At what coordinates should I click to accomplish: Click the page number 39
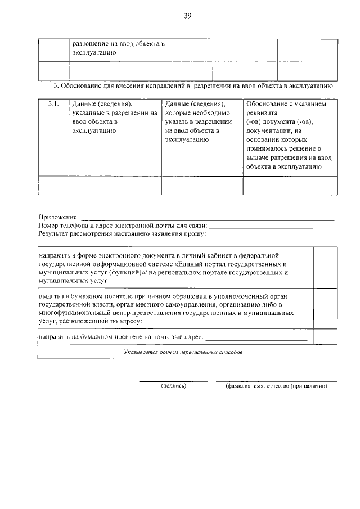[x=187, y=16]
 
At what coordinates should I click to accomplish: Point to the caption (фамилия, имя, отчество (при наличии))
[x=276, y=386]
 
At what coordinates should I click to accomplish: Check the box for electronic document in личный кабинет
[x=325, y=268]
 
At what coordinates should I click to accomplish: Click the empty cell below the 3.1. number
[x=53, y=185]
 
